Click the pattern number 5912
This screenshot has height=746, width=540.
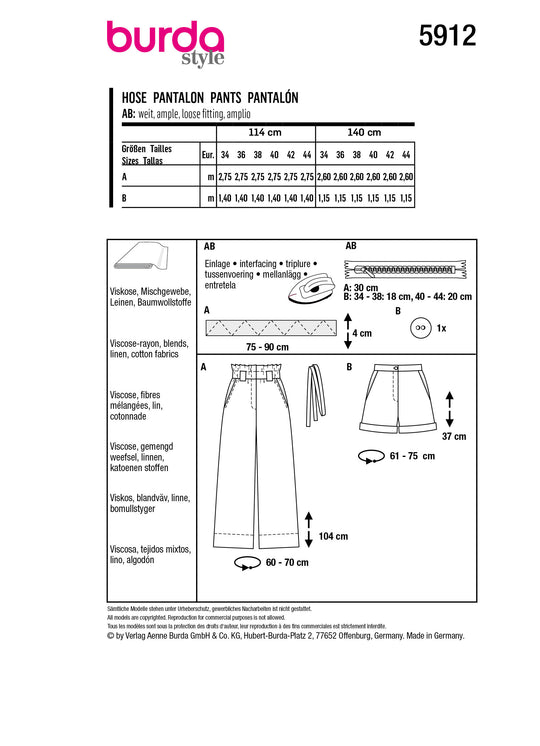point(447,36)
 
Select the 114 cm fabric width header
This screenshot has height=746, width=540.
point(265,132)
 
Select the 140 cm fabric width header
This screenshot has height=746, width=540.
point(364,132)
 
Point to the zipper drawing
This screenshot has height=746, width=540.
point(405,270)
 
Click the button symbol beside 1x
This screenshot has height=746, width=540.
point(421,328)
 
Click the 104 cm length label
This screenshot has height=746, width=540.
point(333,536)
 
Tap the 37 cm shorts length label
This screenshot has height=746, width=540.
point(454,436)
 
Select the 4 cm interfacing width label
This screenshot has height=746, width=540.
point(362,333)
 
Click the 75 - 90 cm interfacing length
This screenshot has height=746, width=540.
point(267,347)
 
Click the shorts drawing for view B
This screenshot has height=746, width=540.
point(398,399)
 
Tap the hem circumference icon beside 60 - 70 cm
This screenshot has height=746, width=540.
point(247,563)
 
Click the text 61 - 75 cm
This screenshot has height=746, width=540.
point(412,456)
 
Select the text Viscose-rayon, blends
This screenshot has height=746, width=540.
point(149,344)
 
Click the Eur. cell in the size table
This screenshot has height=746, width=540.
point(208,155)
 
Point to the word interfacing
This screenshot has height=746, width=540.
point(257,264)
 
